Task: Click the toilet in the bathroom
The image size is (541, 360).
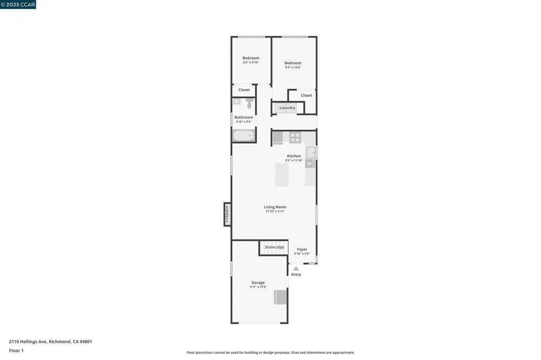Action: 249,104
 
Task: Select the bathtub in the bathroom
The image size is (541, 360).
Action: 244,136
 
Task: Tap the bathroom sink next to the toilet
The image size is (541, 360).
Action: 237,101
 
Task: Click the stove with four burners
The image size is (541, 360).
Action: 295,138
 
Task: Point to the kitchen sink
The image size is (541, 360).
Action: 311,153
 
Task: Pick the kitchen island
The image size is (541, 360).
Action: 282,175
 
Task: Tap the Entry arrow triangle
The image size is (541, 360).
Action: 296,268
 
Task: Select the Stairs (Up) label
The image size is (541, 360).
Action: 274,247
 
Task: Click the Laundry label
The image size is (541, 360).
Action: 287,108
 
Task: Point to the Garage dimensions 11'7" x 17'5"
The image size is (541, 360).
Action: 258,287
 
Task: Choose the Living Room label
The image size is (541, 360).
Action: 275,207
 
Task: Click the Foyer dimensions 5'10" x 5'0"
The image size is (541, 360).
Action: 302,254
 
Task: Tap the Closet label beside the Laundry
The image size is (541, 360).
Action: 306,96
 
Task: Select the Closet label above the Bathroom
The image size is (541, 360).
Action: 244,90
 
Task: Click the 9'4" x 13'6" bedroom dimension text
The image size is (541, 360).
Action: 293,68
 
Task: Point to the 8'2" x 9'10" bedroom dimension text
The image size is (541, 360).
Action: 251,62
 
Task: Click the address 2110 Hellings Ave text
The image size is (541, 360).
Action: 51,342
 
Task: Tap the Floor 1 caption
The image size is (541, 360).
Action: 16,350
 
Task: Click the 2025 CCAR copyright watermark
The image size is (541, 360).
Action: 18,4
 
